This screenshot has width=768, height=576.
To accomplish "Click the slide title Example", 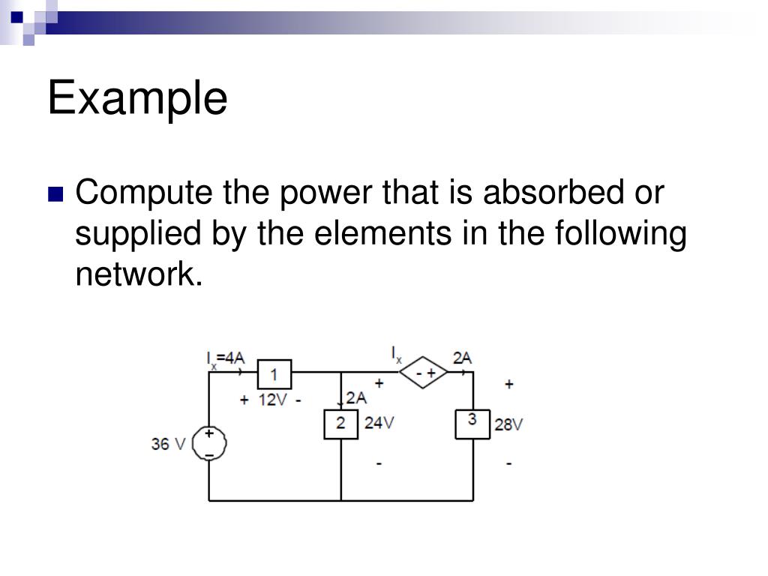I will tap(137, 99).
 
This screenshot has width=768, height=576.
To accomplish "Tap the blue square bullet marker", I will tap(55, 195).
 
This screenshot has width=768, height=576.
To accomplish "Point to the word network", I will tap(139, 275).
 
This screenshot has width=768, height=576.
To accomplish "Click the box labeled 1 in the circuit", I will tap(274, 374).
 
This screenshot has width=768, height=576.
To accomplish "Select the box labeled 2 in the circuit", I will tap(340, 424).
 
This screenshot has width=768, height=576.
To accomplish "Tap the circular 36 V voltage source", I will tap(209, 444).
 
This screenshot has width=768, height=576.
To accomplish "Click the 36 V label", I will tap(168, 444).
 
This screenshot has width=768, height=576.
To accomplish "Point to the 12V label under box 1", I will tap(272, 400).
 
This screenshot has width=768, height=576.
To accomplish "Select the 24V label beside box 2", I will tap(379, 423).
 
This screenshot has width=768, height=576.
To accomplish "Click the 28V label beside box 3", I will tap(508, 424).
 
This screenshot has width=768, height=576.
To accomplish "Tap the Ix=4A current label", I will tap(226, 358).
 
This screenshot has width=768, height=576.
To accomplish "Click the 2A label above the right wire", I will tap(462, 358).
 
